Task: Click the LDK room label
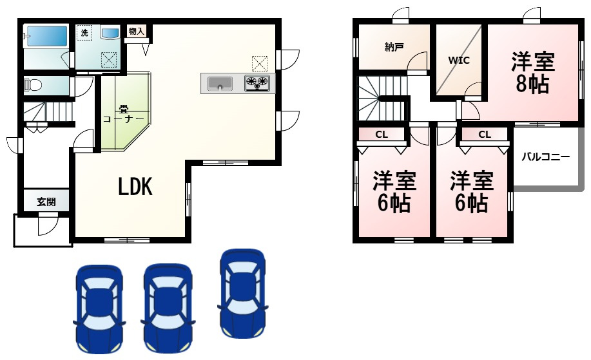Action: tap(135, 187)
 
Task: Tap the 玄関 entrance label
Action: tap(46, 202)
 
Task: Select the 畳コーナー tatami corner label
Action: tap(122, 114)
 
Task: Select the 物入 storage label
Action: tap(136, 31)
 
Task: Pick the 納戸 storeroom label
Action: tap(394, 47)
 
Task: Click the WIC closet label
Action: tap(459, 61)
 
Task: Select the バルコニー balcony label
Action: tap(545, 156)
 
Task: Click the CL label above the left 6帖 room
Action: tap(382, 135)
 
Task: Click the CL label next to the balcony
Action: tap(485, 135)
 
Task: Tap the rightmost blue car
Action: tap(242, 293)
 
